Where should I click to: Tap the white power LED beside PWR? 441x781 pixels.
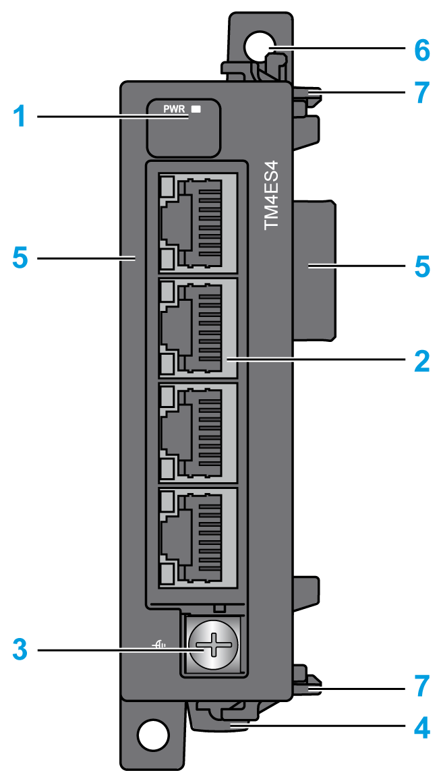(x=196, y=108)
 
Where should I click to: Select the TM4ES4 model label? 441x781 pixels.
(x=272, y=196)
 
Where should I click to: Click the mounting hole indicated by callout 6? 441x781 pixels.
(x=260, y=47)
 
